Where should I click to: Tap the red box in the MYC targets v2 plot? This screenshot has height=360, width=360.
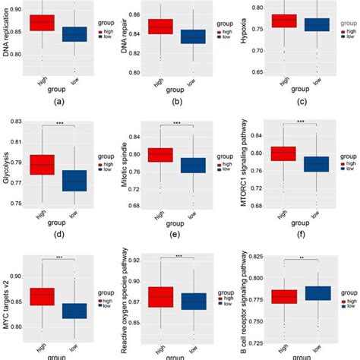(42, 295)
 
